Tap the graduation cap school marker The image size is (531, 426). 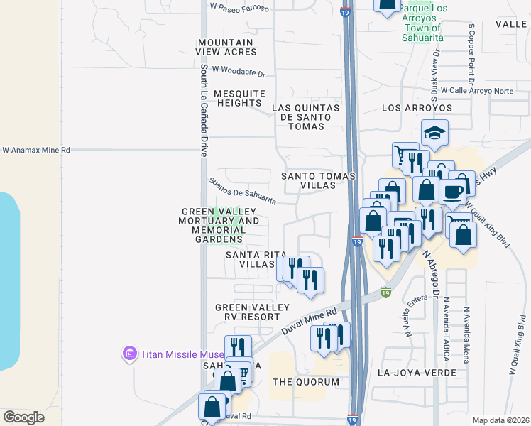pos(434,132)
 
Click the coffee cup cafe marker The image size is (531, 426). pos(452,190)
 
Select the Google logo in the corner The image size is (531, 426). pos(23,417)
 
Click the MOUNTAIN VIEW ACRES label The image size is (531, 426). pos(226,48)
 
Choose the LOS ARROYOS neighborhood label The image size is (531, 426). pos(417,108)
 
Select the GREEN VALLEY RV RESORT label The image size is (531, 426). pos(253,312)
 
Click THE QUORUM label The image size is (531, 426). pos(306,382)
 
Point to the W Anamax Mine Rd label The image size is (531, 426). pos(36,151)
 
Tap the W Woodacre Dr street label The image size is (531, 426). pos(238,73)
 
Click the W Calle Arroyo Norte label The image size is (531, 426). pos(476,91)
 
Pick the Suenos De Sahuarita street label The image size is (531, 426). pos(242,191)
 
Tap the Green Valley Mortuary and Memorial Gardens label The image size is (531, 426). pos(221,225)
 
